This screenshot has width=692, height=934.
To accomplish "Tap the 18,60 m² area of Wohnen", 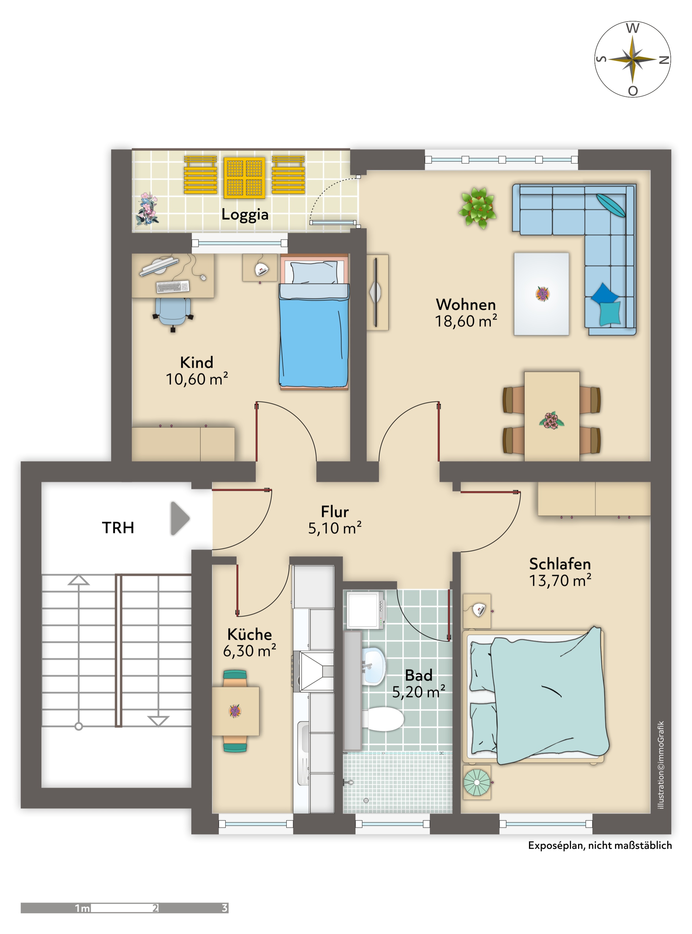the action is coord(466,321).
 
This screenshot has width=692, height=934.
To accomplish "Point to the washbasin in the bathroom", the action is coord(373,666).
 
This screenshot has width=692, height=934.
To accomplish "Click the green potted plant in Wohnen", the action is coord(478,208).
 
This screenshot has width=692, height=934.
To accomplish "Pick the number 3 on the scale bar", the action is coord(224,908).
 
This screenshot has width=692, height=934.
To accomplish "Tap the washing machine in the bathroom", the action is coord(364,609).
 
